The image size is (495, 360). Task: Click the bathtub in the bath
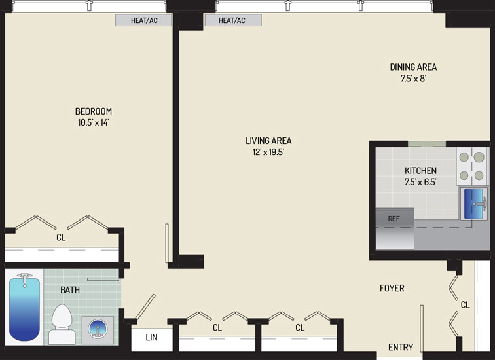(x=25, y=307)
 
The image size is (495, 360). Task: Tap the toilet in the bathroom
(x=62, y=324)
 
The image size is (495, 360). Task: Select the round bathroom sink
(x=98, y=329)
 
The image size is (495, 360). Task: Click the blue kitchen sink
(x=473, y=204)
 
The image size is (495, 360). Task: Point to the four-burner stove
(x=471, y=166)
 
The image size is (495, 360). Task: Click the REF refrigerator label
(x=394, y=219)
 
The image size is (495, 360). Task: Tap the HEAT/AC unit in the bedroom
(x=143, y=20)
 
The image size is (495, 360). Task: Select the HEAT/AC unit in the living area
(x=233, y=20)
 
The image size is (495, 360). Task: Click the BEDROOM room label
(x=94, y=111)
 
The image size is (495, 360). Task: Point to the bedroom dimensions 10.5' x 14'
(x=94, y=122)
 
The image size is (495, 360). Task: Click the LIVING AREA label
(x=268, y=141)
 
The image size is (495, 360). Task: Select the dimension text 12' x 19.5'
(x=268, y=152)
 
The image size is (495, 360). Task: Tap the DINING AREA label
(x=413, y=67)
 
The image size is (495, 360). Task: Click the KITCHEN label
(x=421, y=171)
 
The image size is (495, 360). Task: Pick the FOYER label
(x=392, y=288)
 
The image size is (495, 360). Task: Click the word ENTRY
(x=401, y=347)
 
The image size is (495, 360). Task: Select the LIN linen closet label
(x=151, y=337)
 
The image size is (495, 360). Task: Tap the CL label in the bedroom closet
(x=61, y=237)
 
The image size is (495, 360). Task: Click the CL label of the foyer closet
(x=466, y=305)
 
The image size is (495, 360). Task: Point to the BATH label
(x=70, y=290)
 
